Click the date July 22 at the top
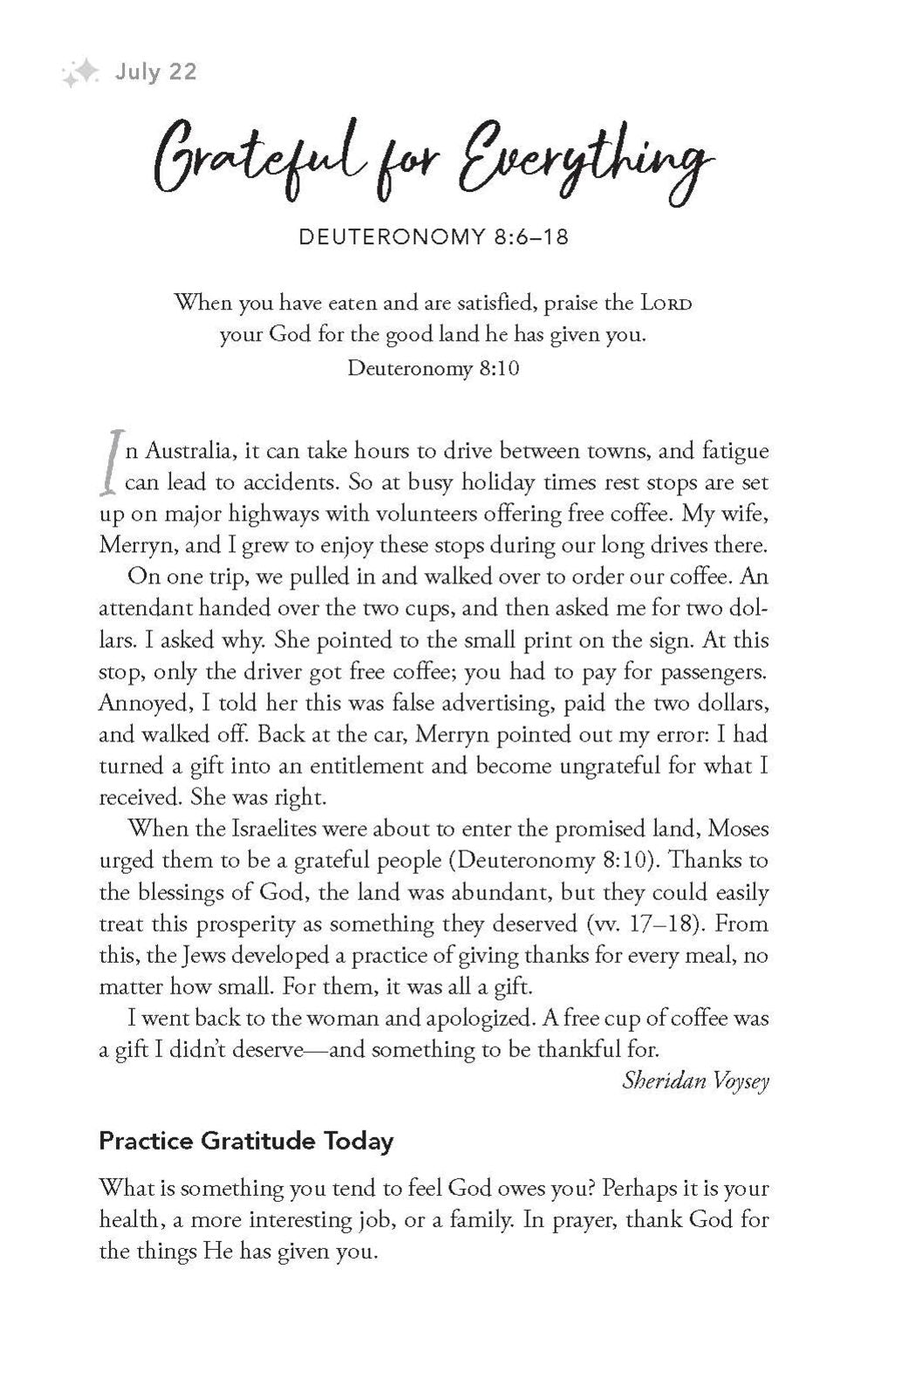pos(156,72)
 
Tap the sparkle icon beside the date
pos(81,75)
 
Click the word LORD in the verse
pos(668,304)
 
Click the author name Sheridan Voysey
pos(695,1081)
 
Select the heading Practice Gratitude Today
pos(246,1141)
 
